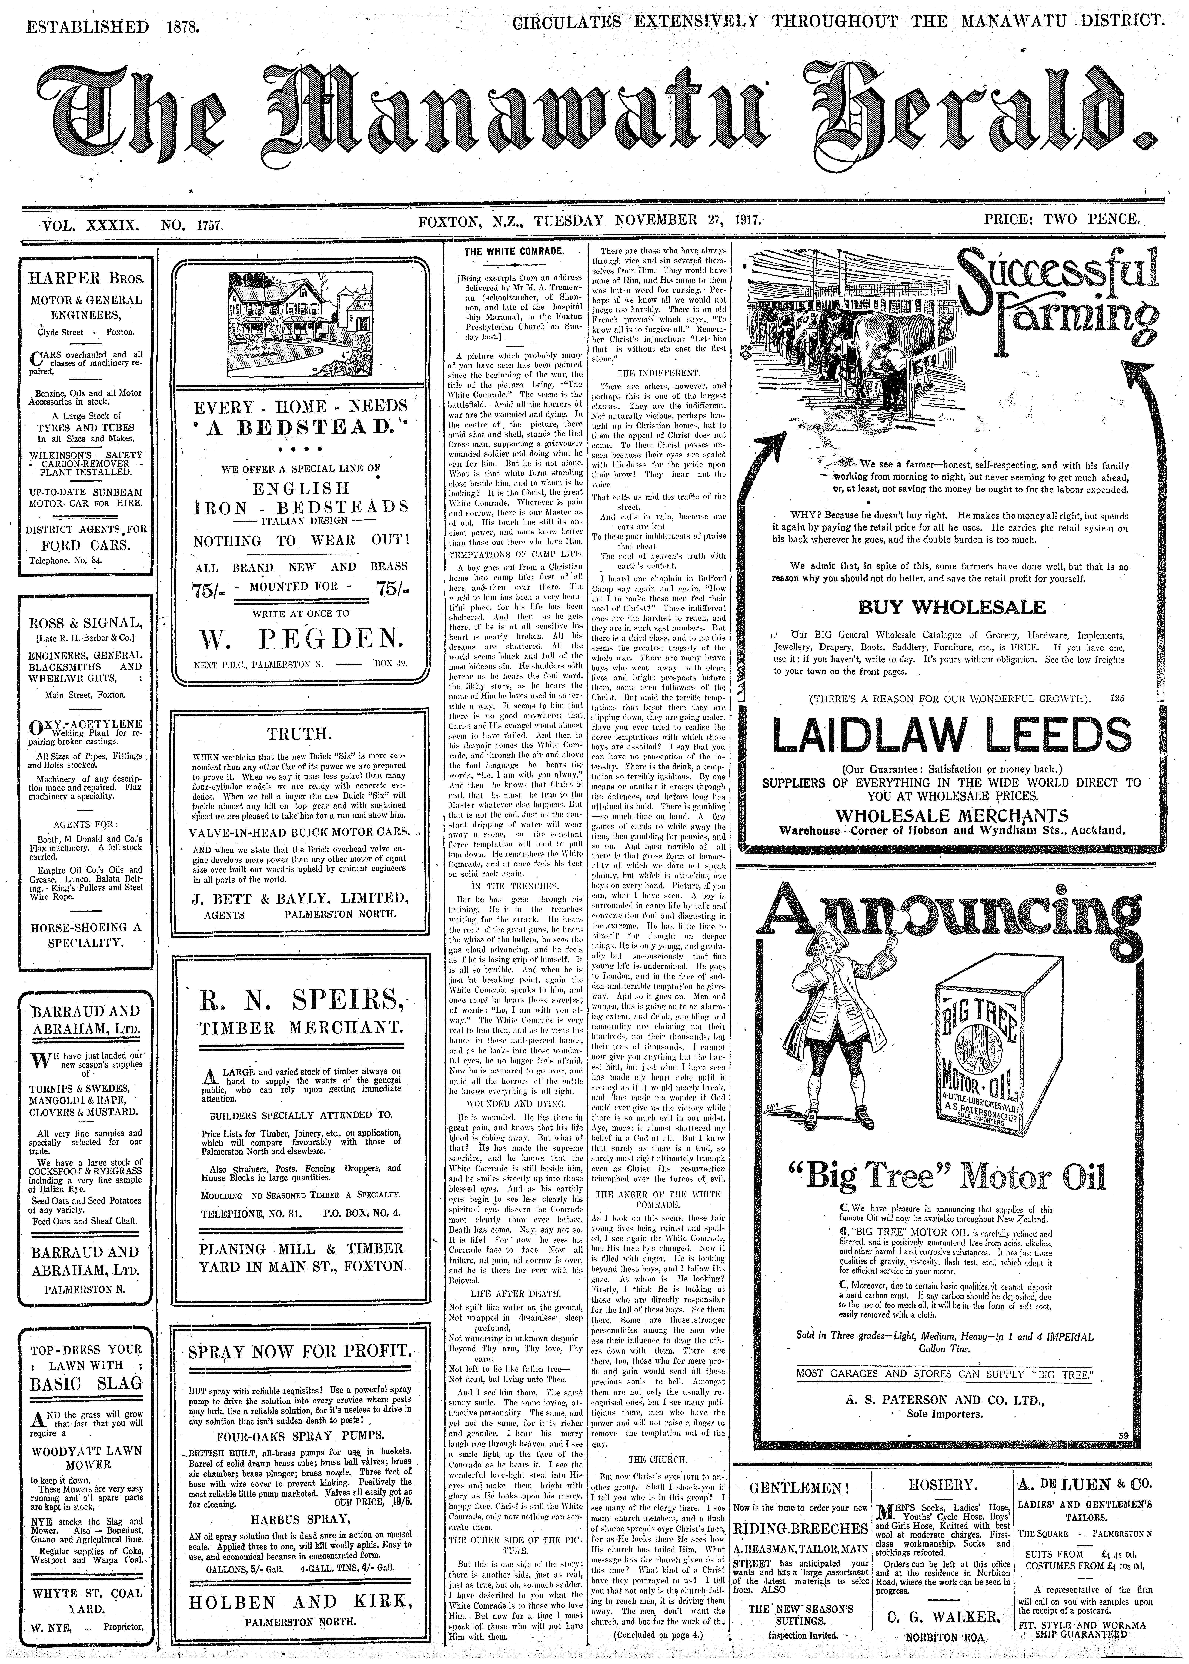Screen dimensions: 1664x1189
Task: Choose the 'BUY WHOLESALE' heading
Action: click(952, 607)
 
